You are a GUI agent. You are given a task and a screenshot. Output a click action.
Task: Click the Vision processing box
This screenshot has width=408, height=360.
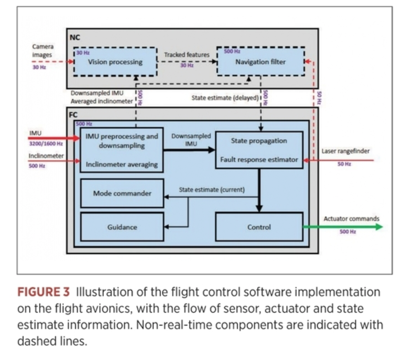[x=115, y=62]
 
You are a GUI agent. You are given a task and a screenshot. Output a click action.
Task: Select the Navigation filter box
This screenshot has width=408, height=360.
[x=261, y=61]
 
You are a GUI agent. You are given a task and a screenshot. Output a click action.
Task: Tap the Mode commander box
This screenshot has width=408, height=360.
[x=122, y=193]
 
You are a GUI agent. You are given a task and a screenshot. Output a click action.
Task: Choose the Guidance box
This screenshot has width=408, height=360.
[x=122, y=227]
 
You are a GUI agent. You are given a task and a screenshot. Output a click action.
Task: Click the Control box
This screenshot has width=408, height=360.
[x=259, y=227]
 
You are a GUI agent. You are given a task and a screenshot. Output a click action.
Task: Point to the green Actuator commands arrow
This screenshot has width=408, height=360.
[x=343, y=227]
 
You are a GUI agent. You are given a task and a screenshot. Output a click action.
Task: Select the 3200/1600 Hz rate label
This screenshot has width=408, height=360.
[x=46, y=144]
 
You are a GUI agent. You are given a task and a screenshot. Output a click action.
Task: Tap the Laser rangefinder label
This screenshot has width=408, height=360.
[x=346, y=151]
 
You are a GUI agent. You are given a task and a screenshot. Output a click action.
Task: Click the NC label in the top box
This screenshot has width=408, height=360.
[x=75, y=37]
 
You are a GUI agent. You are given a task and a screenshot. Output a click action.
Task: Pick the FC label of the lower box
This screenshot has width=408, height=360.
[x=73, y=115]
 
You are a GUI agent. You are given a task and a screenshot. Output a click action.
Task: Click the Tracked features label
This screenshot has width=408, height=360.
[x=187, y=55]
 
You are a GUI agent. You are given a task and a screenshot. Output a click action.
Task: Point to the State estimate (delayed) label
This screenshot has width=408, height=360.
[x=225, y=98]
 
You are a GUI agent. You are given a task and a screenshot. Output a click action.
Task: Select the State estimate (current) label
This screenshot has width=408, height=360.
[x=212, y=190]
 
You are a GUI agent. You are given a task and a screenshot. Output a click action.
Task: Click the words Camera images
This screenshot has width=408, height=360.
[x=43, y=51]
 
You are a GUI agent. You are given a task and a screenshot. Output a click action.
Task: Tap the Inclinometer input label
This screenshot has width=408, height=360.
[x=46, y=156]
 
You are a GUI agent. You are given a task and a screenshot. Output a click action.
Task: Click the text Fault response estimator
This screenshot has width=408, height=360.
[x=259, y=159]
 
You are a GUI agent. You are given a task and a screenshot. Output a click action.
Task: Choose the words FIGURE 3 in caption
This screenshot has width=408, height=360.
[x=43, y=292]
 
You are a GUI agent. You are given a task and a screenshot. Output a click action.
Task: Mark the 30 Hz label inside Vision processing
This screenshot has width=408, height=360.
[x=83, y=53]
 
